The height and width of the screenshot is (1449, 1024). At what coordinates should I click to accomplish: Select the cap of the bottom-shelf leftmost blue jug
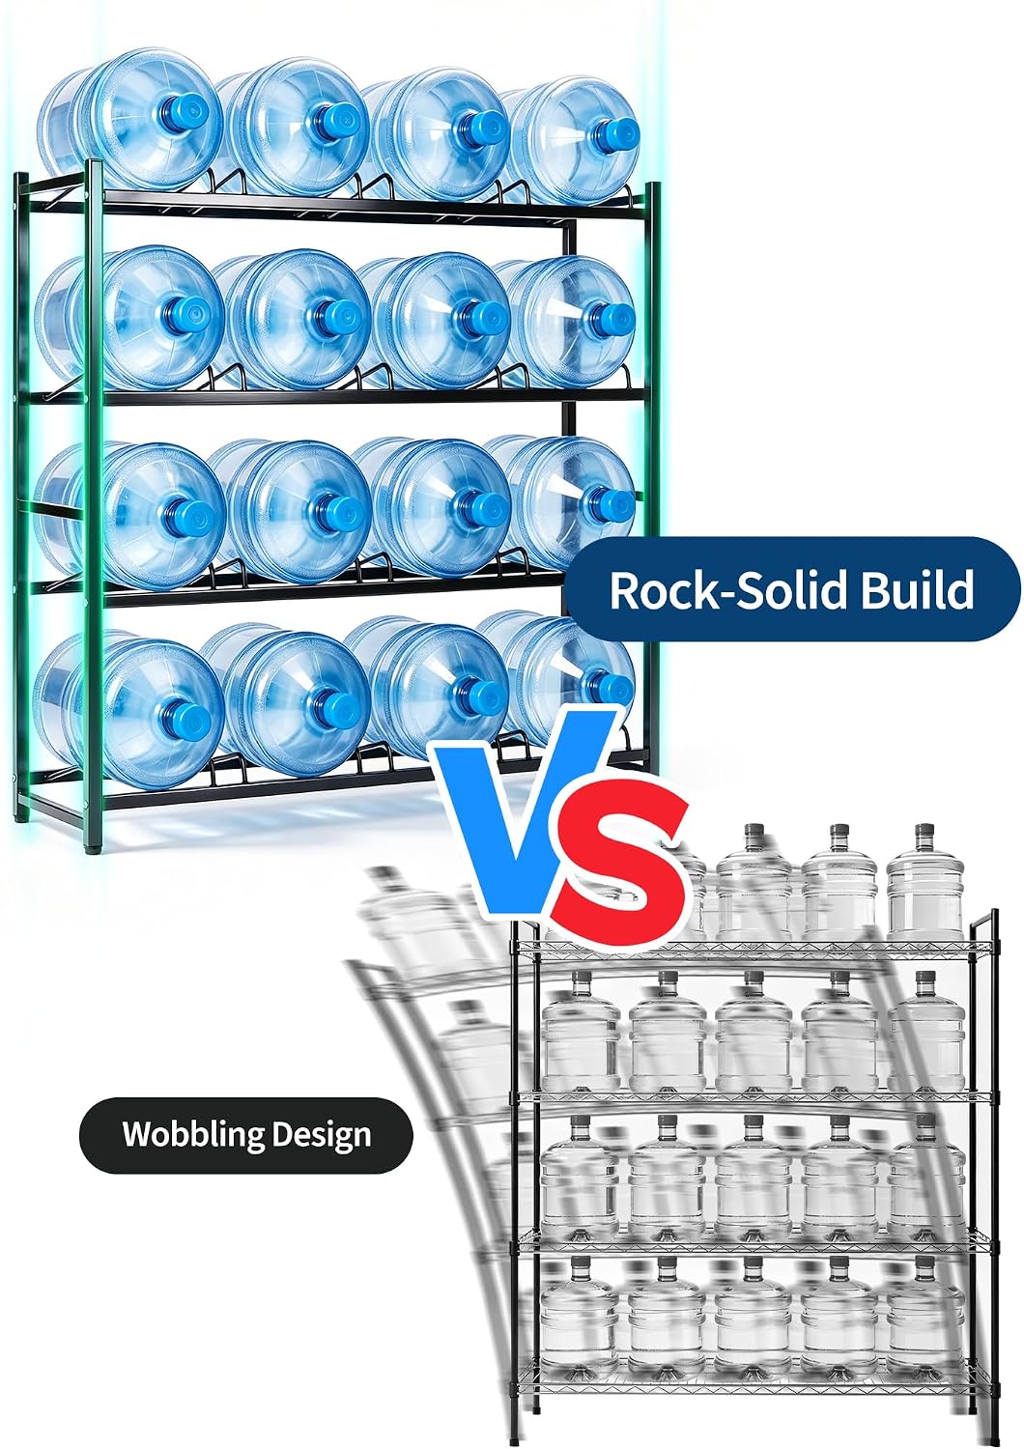tap(185, 717)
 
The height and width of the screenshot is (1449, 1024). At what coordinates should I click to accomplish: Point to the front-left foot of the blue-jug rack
tap(89, 844)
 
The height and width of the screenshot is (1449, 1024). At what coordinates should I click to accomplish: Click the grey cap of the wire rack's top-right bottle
tap(924, 831)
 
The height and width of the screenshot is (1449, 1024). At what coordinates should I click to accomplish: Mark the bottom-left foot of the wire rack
tap(513, 1440)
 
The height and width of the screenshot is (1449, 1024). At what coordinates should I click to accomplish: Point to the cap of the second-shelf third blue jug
tap(483, 315)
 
